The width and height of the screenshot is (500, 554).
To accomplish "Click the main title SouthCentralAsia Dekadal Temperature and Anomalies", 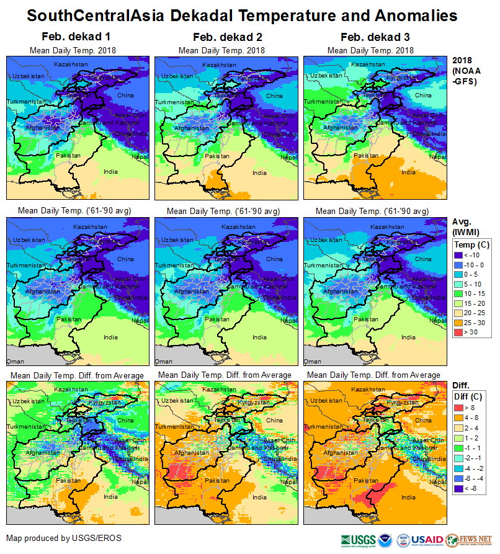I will pos(242,15).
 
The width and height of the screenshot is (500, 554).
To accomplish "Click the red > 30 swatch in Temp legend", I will pos(459,332).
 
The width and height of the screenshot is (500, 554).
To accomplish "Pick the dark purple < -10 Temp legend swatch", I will pos(459,254).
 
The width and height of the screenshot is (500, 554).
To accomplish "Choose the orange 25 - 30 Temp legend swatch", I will pos(459,323).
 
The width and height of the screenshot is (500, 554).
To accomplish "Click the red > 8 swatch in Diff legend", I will pos(459,408).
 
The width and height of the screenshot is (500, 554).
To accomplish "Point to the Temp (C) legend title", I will pos(471,244).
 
